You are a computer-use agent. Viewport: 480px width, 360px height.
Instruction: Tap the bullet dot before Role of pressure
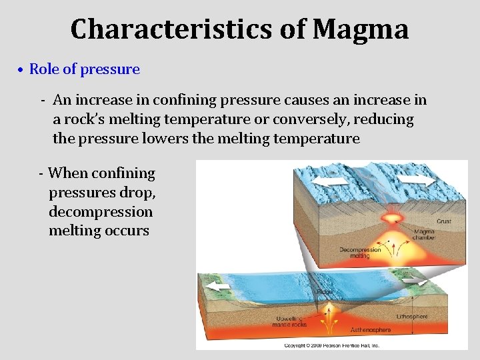(x=21, y=70)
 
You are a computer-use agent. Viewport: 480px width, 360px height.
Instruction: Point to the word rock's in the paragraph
(x=91, y=120)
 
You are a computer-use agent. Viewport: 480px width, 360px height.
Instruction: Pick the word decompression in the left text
(x=100, y=212)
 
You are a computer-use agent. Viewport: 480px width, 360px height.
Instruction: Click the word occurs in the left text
(x=128, y=231)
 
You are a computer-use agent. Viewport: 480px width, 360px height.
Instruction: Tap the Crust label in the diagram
(x=443, y=221)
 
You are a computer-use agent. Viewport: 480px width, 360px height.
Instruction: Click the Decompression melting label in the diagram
(x=360, y=253)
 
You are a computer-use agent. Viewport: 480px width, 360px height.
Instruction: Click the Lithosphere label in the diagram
(x=412, y=317)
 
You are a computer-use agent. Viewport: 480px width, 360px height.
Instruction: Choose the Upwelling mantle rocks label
(x=290, y=321)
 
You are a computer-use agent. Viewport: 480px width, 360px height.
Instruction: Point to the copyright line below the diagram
(x=331, y=345)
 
